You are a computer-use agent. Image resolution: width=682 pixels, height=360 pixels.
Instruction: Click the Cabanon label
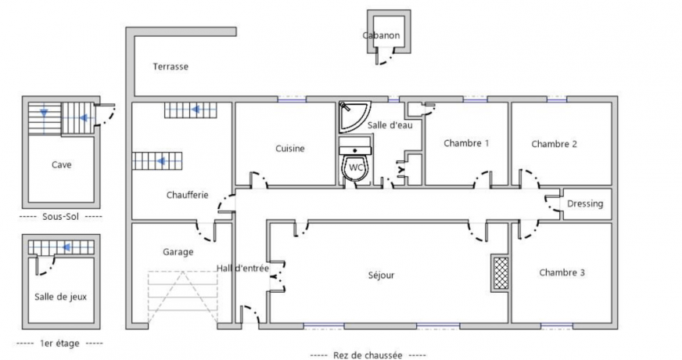tap(381, 36)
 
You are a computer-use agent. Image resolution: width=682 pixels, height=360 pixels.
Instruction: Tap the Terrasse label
tap(170, 67)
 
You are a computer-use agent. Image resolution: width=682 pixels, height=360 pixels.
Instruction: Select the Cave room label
tap(61, 165)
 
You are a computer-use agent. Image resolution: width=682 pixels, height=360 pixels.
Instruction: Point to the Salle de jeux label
tap(61, 297)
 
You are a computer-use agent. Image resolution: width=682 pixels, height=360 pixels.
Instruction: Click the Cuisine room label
tap(289, 149)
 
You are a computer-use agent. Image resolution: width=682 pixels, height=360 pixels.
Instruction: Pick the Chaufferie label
tap(187, 195)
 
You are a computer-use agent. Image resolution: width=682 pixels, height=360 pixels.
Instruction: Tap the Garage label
tap(178, 252)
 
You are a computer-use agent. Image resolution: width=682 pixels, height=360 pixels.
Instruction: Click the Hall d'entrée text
tap(242, 268)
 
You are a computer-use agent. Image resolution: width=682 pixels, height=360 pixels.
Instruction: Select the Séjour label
tap(381, 275)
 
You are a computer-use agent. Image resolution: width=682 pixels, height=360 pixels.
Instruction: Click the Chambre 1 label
tap(466, 143)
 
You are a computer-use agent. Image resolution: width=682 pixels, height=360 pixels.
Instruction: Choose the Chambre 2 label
tap(554, 144)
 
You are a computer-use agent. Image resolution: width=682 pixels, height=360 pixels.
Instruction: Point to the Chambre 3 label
tap(562, 273)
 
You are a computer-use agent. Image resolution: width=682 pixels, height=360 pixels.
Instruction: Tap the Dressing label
tap(585, 204)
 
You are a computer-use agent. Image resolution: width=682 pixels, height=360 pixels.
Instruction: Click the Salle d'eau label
tap(389, 125)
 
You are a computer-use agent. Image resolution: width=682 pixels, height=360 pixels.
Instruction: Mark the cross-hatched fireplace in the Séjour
tap(499, 273)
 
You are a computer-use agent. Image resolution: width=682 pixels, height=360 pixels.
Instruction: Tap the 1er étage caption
tap(59, 344)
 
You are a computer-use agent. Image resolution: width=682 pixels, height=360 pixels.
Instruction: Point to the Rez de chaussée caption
tap(368, 355)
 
